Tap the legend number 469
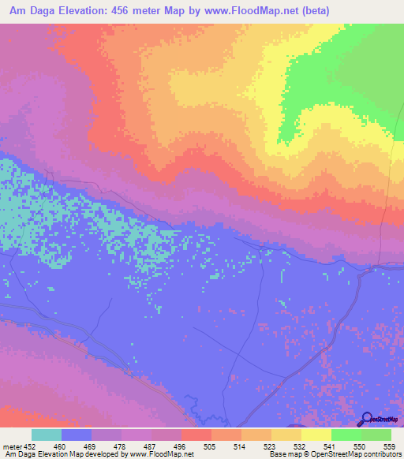point(92,446)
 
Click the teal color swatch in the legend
point(47,435)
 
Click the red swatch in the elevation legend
point(196,435)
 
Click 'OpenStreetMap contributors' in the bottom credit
point(358,454)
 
